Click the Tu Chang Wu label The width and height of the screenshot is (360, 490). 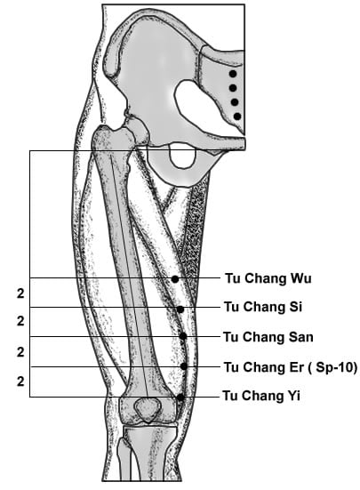click(268, 278)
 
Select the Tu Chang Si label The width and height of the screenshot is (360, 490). click(263, 307)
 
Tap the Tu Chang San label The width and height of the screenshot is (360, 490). click(268, 337)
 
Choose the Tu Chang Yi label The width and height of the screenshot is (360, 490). click(261, 396)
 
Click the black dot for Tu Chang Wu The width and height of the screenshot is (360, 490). click(175, 279)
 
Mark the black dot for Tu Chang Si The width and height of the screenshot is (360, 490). click(180, 309)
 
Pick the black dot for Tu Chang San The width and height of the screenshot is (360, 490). click(183, 336)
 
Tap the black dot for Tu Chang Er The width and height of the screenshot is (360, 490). click(184, 366)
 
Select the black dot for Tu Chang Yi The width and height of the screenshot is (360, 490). click(180, 398)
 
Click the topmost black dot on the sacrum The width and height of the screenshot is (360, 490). click(233, 74)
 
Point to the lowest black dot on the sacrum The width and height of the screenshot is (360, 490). click(237, 116)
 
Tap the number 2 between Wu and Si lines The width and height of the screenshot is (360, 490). click(20, 293)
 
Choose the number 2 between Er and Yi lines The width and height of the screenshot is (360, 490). click(20, 382)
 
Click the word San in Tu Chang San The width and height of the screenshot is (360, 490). click(300, 337)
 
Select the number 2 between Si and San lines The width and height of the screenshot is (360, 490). click(20, 321)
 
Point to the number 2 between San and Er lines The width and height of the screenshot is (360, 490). click(20, 352)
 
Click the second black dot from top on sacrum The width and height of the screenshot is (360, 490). click(233, 88)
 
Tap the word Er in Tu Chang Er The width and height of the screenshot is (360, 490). click(297, 367)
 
